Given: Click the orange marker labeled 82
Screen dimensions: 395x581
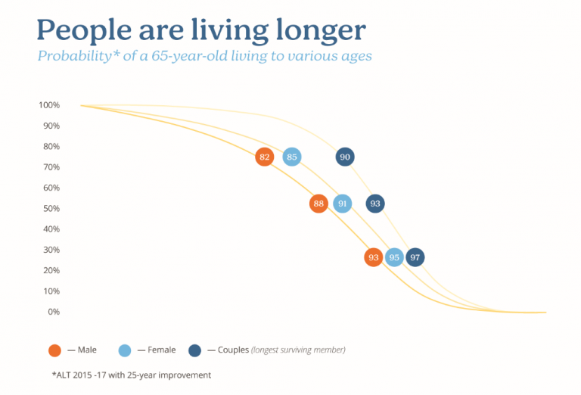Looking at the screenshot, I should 264,157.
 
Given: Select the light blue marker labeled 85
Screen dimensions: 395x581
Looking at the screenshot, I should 292,157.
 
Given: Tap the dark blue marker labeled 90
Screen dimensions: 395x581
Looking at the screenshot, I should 345,157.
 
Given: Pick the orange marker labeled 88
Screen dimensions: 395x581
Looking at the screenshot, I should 318,204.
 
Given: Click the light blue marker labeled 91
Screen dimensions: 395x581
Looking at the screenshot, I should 343,204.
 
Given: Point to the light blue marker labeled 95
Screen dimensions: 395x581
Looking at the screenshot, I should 394,257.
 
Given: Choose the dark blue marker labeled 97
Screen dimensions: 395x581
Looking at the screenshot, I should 415,257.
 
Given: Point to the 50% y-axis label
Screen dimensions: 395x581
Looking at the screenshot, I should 51,209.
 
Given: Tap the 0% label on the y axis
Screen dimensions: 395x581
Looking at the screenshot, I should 54,312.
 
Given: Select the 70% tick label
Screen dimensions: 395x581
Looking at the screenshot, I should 51,167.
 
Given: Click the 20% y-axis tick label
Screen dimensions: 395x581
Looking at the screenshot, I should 51,271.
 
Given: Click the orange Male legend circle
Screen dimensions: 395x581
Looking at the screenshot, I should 54,350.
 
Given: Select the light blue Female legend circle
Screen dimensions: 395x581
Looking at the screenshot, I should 126,350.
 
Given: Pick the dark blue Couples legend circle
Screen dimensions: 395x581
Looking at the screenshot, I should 195,350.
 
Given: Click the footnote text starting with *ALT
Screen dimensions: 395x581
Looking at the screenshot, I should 126,375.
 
